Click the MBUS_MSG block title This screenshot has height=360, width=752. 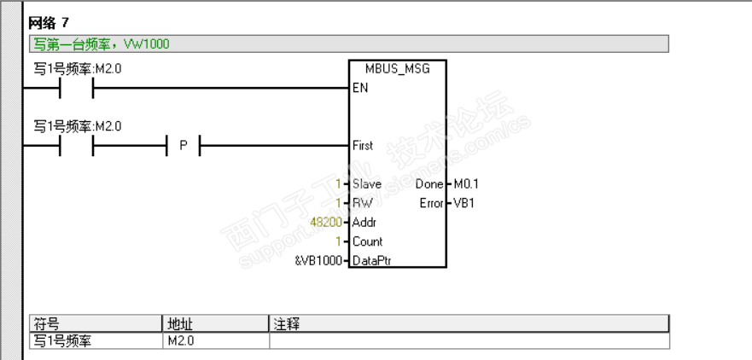pyautogui.click(x=397, y=69)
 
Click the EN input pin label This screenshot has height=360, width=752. pyautogui.click(x=359, y=88)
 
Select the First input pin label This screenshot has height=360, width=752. pyautogui.click(x=363, y=146)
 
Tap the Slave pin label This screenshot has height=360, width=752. pyautogui.click(x=367, y=184)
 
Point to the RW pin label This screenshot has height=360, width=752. pyautogui.click(x=362, y=203)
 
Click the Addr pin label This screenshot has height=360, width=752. pyautogui.click(x=365, y=222)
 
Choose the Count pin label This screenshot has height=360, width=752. pyautogui.click(x=368, y=241)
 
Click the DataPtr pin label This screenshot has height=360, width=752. pyautogui.click(x=373, y=260)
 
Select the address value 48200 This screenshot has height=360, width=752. pyautogui.click(x=327, y=222)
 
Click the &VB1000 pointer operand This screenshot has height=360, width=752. pyautogui.click(x=319, y=260)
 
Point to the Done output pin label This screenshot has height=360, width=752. pyautogui.click(x=428, y=184)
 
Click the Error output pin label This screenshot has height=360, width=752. pyautogui.click(x=431, y=203)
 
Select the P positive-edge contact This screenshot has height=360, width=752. pyautogui.click(x=182, y=146)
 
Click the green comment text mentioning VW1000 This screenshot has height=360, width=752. pyautogui.click(x=101, y=44)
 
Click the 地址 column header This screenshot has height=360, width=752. pyautogui.click(x=178, y=324)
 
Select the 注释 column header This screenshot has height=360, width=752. pyautogui.click(x=286, y=324)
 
